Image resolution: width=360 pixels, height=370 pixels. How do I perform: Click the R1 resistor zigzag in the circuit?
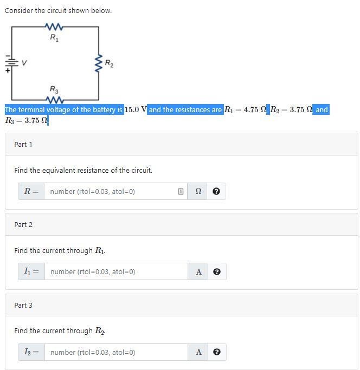pos(55,27)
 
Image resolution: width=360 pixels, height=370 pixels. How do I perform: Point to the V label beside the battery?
pos(24,63)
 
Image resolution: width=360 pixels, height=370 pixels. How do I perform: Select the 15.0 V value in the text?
pos(136,109)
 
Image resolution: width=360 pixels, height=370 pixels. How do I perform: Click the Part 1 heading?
pos(23,144)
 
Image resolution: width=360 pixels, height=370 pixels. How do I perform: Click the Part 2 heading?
pos(23,224)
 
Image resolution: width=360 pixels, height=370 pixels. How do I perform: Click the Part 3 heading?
pos(23,305)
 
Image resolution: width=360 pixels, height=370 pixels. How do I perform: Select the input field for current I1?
pos(116,271)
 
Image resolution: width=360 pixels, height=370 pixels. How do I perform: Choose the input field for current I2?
pos(116,352)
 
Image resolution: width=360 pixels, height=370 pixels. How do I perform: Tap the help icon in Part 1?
pos(216,191)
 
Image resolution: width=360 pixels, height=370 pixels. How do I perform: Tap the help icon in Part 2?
pos(216,272)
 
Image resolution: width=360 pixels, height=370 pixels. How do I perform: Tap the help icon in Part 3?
pos(216,352)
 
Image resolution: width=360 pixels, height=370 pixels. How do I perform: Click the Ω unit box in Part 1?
pos(198,191)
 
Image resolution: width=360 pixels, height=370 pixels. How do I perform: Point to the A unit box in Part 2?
pos(198,272)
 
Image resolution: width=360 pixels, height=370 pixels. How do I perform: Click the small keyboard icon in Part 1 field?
pos(180,191)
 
